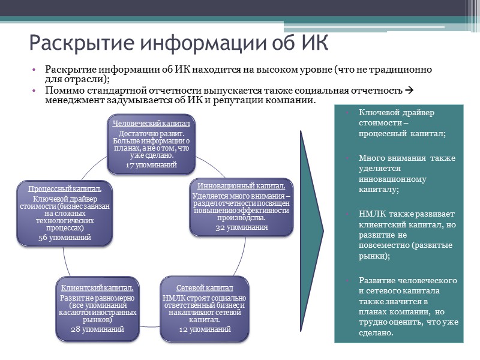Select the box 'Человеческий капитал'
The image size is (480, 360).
click(155, 144)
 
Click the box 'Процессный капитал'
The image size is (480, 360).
click(65, 212)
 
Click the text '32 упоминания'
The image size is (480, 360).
click(241, 228)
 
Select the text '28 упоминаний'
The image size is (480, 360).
click(97, 329)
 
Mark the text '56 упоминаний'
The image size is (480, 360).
click(65, 238)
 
